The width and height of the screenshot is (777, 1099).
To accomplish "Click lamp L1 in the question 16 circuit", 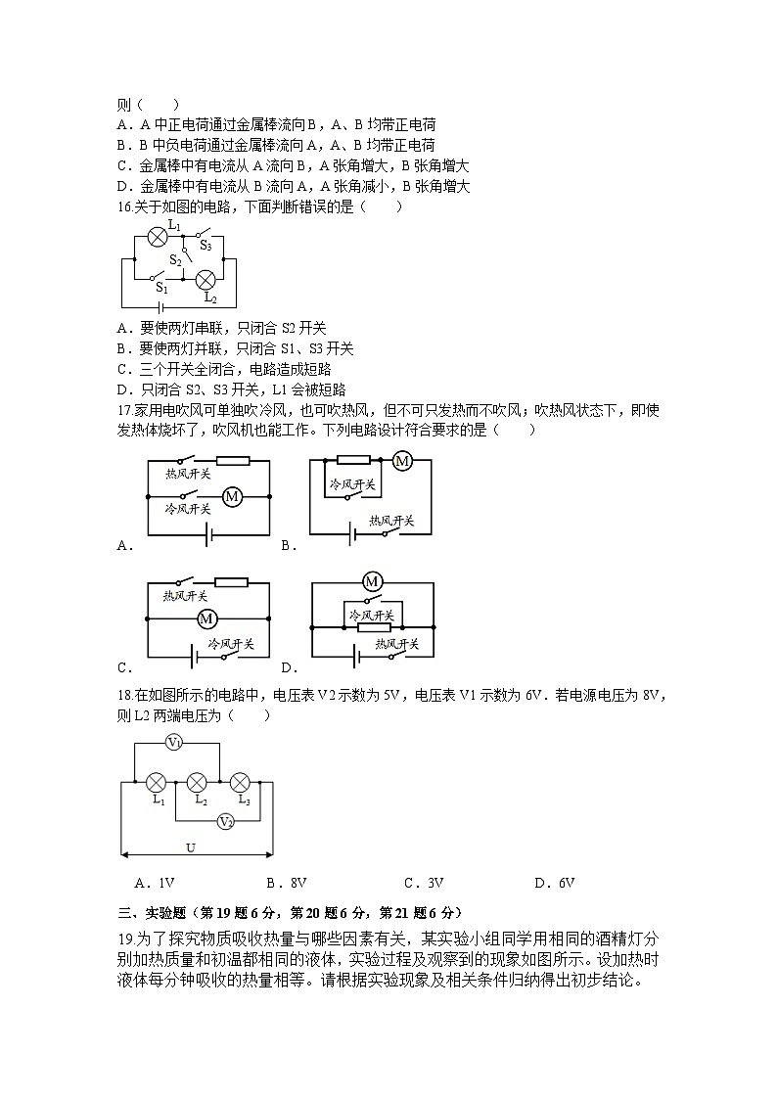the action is [x=155, y=236].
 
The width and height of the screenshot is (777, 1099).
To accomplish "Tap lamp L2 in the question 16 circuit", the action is [x=206, y=281].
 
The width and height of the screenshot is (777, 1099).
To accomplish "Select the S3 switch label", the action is [x=206, y=246].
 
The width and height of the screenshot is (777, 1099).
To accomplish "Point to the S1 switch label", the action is [x=161, y=290].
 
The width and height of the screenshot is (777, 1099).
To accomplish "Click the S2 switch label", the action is [x=175, y=259].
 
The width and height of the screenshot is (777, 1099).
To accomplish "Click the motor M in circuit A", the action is [x=232, y=497].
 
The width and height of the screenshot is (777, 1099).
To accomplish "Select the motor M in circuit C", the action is [x=206, y=618].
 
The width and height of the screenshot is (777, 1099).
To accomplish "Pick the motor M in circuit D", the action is [x=372, y=582].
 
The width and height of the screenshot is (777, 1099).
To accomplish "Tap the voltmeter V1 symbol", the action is [x=173, y=744].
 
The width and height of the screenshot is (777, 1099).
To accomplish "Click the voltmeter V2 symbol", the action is [x=225, y=821].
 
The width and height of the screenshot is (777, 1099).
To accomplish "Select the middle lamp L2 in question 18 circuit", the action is [x=197, y=782].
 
